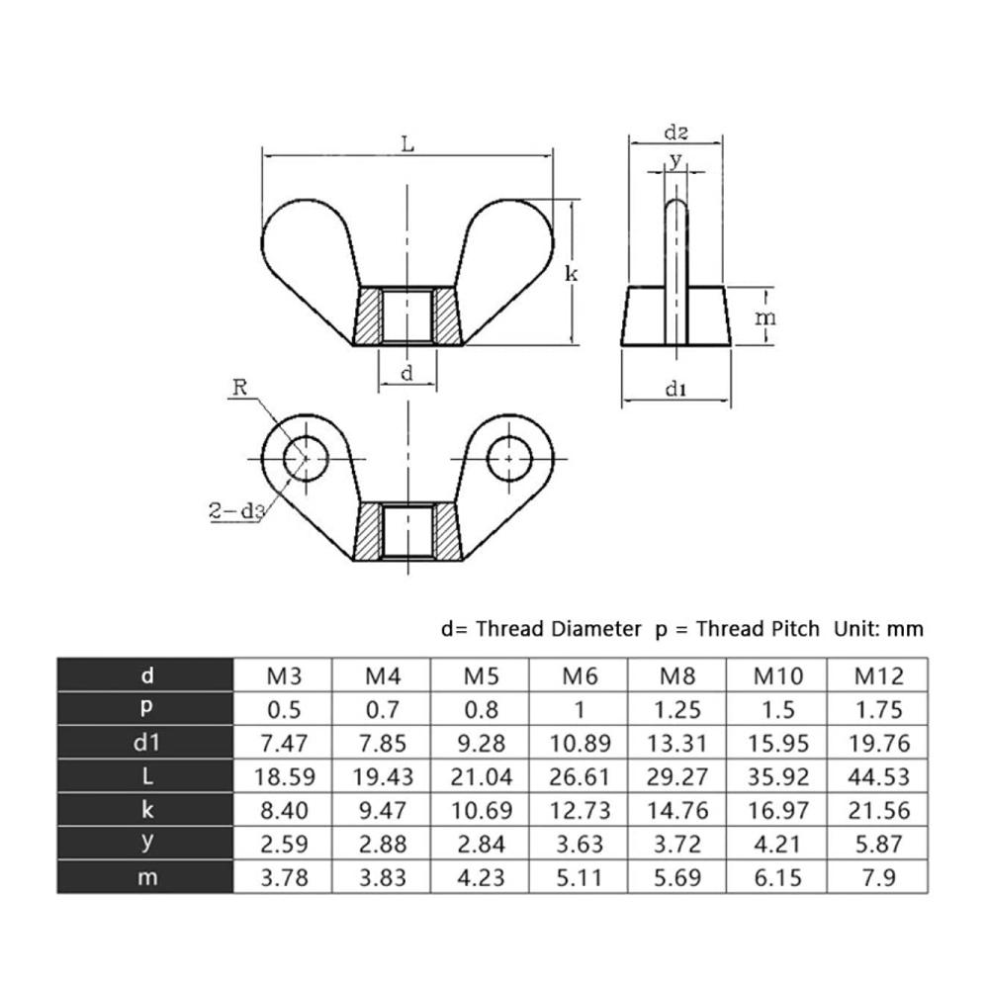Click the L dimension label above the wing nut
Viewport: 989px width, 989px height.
pyautogui.click(x=408, y=144)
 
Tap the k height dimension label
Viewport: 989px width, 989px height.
pyautogui.click(x=572, y=274)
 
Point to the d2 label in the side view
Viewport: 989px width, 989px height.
pyautogui.click(x=676, y=133)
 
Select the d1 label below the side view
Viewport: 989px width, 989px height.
pyautogui.click(x=676, y=389)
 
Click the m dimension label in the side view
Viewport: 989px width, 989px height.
pyautogui.click(x=765, y=317)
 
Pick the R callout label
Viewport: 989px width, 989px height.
pyautogui.click(x=239, y=388)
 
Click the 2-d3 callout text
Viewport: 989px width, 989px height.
pyautogui.click(x=236, y=510)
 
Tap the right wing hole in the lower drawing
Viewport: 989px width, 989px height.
pyautogui.click(x=509, y=459)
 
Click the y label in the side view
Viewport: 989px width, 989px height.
pyautogui.click(x=676, y=160)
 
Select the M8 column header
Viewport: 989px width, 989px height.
pyautogui.click(x=677, y=676)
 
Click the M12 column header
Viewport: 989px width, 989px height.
pyautogui.click(x=879, y=676)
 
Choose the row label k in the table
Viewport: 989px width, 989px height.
pyautogui.click(x=147, y=809)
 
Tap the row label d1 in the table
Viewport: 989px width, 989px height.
pyautogui.click(x=146, y=743)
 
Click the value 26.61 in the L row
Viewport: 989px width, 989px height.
pyautogui.click(x=580, y=776)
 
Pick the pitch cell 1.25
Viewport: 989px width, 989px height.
pyautogui.click(x=677, y=709)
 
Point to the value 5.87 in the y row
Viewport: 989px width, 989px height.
pyautogui.click(x=879, y=844)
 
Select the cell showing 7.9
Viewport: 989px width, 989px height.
pyautogui.click(x=879, y=877)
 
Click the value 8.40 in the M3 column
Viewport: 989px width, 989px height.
pyautogui.click(x=285, y=810)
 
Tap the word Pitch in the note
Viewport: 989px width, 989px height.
pyautogui.click(x=789, y=629)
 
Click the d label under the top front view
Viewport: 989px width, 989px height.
pyautogui.click(x=406, y=373)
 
